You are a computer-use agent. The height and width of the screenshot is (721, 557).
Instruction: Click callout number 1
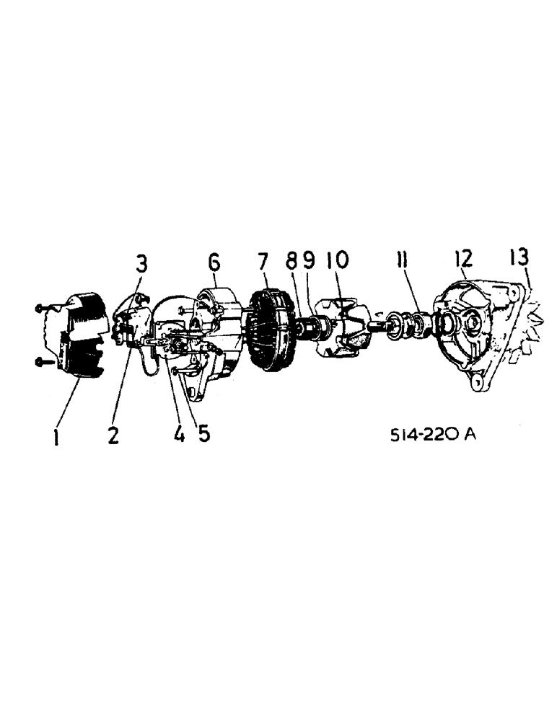(56, 437)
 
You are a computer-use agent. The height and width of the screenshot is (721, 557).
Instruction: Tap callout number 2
(113, 435)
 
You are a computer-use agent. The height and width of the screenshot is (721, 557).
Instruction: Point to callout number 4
(179, 435)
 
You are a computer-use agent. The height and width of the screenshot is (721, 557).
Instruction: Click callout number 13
(518, 257)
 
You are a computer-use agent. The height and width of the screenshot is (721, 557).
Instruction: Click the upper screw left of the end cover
(42, 308)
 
